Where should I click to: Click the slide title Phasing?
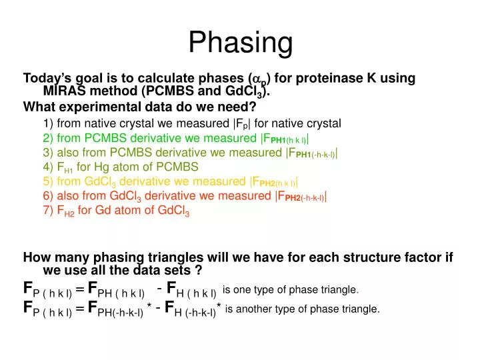240,43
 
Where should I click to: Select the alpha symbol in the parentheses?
254,79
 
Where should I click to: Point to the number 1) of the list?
48,123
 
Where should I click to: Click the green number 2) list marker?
48,138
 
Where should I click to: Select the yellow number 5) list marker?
48,181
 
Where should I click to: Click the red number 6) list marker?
48,196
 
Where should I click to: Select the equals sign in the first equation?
80,289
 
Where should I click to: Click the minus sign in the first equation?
159,288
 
